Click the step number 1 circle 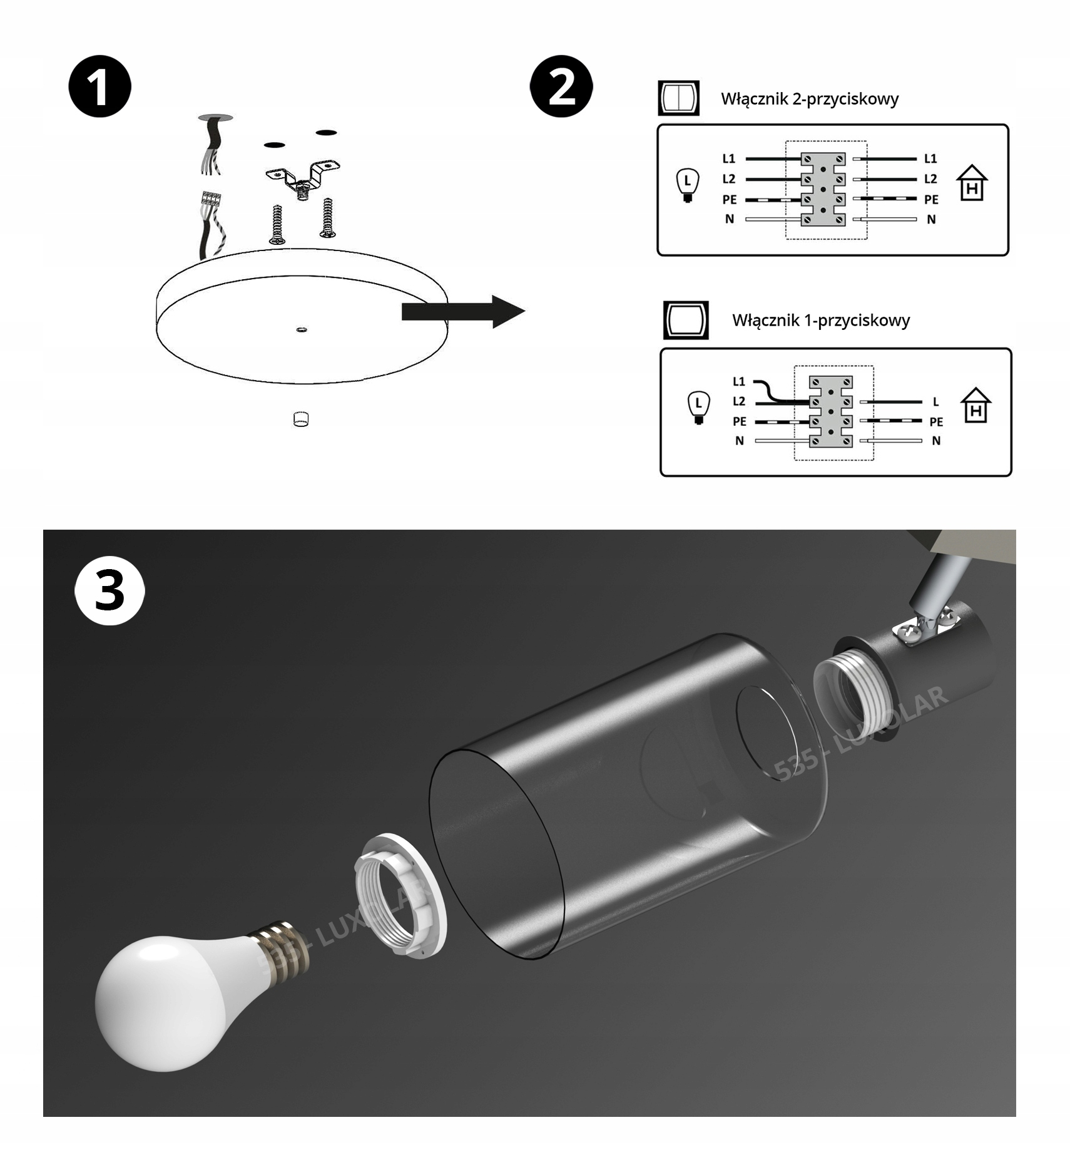coord(99,87)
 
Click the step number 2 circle coord(561,87)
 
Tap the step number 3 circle coord(110,591)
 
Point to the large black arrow coord(463,311)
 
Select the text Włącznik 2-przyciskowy coord(809,99)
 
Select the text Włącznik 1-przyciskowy coord(820,321)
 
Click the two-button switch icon coord(678,98)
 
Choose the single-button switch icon coord(686,320)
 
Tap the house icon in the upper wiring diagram coord(971,183)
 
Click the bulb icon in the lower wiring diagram coord(698,408)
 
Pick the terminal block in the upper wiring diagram coord(823,189)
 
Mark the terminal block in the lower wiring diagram coord(830,411)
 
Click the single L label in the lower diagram coord(935,402)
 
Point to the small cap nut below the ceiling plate coord(301,419)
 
